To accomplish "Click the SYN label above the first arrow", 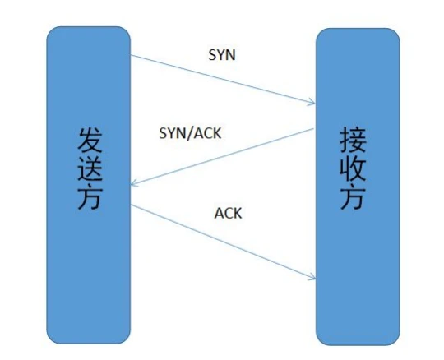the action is point(222,55).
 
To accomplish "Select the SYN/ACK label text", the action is point(190,133).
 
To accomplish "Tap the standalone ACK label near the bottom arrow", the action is point(228,213).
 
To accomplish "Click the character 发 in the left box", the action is point(90,140).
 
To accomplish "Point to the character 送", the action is point(90,168).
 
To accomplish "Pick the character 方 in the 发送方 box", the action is point(90,197).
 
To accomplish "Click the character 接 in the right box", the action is point(353,140).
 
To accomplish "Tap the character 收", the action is point(353,168).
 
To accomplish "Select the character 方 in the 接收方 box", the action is point(353,197).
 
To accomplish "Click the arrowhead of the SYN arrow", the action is point(314,104).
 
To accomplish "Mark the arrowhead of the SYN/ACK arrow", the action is point(132,185).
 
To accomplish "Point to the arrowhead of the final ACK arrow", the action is point(315,279).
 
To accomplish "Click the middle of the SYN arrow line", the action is point(223,79).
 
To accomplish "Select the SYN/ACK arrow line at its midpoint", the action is point(222,157).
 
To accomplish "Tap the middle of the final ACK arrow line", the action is point(223,242).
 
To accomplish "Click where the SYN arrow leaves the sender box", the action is point(131,55).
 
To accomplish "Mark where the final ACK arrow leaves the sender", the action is point(131,205).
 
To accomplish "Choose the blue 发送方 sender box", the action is point(88,185).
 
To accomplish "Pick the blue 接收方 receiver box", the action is point(358,187).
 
